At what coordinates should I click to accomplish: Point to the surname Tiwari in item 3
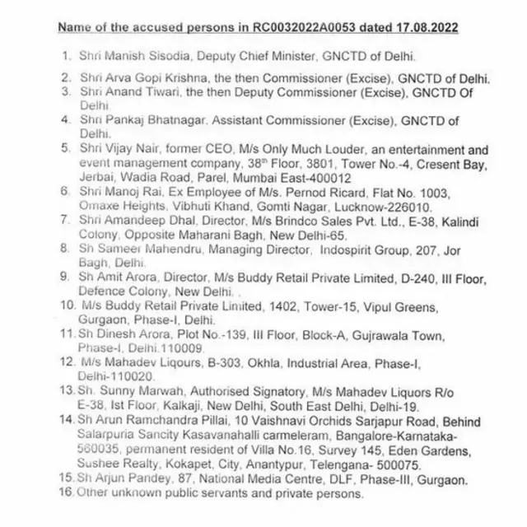(x=169, y=92)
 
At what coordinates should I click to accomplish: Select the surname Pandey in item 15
(x=152, y=480)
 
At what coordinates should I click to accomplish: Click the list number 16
(x=65, y=492)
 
